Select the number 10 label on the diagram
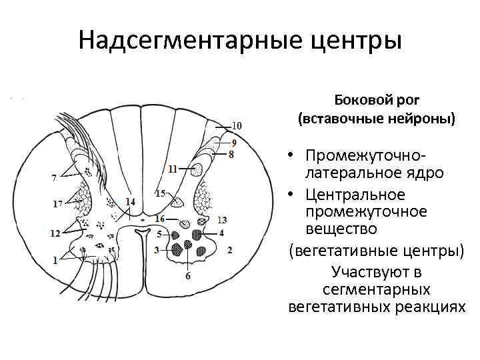coord(237,125)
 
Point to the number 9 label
coord(233,143)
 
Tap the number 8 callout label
coord(231,155)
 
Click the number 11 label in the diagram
coord(173,169)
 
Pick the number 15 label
coord(160,193)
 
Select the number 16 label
coord(159,219)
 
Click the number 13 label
coord(223,219)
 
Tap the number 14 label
coord(129,201)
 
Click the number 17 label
coord(58,203)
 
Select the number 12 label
coord(55,233)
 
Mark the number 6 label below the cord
coord(187,275)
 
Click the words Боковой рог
coord(377,100)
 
